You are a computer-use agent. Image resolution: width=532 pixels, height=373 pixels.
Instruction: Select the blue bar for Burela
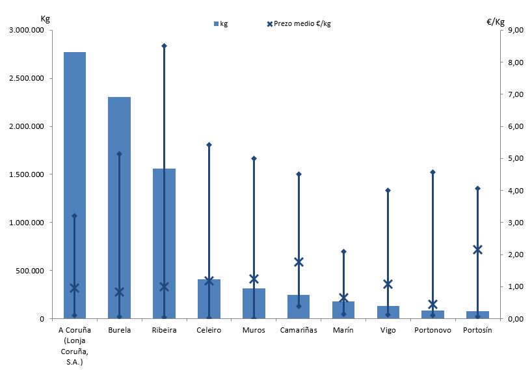click(119, 208)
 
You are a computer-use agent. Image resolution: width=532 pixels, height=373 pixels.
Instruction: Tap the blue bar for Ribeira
click(164, 247)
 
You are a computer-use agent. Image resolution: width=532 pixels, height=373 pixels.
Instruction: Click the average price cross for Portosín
click(478, 249)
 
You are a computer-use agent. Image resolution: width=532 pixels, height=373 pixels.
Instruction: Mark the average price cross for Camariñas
click(299, 262)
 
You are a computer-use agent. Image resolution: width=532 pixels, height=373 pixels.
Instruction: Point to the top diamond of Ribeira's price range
click(164, 46)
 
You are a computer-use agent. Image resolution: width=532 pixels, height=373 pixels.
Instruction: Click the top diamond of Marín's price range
click(343, 251)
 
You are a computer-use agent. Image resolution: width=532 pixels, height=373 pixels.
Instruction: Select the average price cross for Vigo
click(388, 284)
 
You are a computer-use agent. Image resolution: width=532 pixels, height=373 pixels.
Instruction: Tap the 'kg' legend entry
click(220, 24)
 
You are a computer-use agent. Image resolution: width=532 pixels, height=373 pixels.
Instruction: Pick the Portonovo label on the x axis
click(432, 330)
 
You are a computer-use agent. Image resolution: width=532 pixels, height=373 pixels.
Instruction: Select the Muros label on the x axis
click(254, 330)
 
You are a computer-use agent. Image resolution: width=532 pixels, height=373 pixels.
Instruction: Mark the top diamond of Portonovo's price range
click(433, 172)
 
